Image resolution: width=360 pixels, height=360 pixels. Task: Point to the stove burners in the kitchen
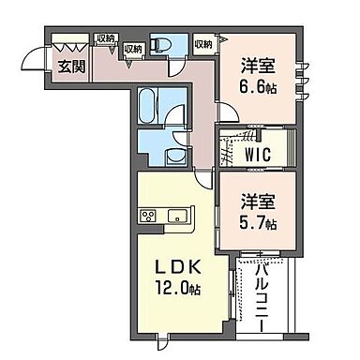[x=148, y=217]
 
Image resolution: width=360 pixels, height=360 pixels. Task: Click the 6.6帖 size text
[x=259, y=86]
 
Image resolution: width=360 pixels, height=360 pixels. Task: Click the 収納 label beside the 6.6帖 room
[x=203, y=43]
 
